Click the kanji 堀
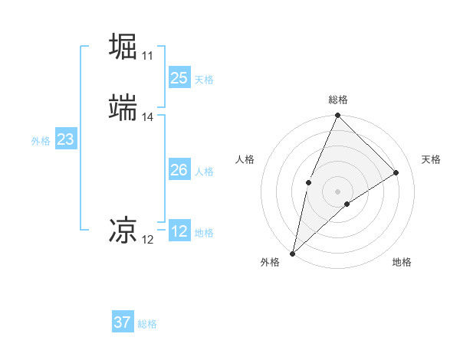tap(124, 47)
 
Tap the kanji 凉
tap(124, 230)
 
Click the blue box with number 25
tap(179, 78)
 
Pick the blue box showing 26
tap(179, 171)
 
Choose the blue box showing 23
tap(66, 140)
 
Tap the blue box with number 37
tap(123, 322)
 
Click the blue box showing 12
tap(179, 232)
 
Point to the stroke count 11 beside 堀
tap(147, 56)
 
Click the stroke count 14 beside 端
tap(147, 117)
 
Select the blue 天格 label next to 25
tap(204, 79)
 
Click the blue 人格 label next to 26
tap(204, 172)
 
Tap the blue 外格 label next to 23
tap(41, 141)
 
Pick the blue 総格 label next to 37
tap(147, 323)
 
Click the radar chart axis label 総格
tap(338, 100)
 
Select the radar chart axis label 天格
tap(431, 159)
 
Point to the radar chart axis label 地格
tap(402, 262)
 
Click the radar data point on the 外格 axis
tap(293, 253)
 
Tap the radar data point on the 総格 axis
tap(338, 116)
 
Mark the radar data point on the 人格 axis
tap(308, 182)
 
